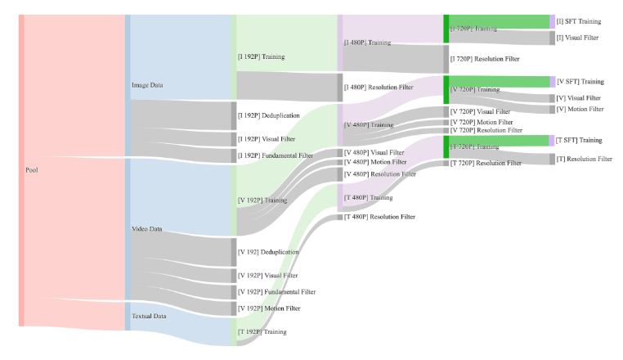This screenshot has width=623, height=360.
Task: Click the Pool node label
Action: click(x=32, y=170)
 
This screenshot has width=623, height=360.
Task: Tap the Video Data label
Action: click(x=148, y=229)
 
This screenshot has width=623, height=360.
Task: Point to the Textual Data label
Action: click(x=150, y=315)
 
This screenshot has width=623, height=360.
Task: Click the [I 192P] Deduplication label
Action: click(x=269, y=116)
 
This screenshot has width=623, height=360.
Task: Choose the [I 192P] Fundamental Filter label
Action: click(x=275, y=155)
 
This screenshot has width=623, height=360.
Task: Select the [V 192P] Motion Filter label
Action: click(x=268, y=308)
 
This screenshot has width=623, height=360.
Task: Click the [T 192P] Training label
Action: click(x=262, y=332)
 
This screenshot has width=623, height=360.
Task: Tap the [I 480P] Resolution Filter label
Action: click(x=379, y=88)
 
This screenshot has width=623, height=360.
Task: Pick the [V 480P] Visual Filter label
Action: click(x=374, y=152)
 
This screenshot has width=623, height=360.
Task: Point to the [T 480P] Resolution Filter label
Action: click(x=379, y=217)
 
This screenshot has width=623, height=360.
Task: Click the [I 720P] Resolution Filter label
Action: click(x=485, y=59)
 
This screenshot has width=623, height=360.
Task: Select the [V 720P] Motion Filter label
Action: click(x=482, y=122)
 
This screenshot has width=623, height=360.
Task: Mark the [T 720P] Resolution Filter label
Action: click(x=486, y=164)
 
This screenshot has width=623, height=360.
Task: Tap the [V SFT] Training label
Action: click(x=580, y=82)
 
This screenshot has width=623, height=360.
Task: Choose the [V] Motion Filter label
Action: click(x=580, y=109)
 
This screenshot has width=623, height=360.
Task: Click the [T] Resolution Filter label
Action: click(x=584, y=159)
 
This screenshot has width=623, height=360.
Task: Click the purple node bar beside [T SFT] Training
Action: click(x=552, y=141)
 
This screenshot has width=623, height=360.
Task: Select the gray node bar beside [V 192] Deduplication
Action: click(x=233, y=252)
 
